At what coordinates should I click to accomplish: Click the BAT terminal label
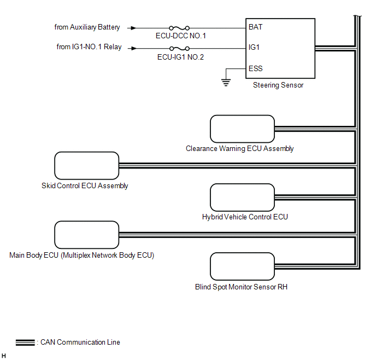pyautogui.click(x=255, y=26)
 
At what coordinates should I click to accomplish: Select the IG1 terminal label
pyautogui.click(x=254, y=48)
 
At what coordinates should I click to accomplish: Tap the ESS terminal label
pyautogui.click(x=255, y=69)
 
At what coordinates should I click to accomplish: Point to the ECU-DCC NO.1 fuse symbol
pyautogui.click(x=180, y=27)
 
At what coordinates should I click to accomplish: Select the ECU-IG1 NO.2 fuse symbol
pyautogui.click(x=180, y=48)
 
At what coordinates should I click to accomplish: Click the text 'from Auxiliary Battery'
pyautogui.click(x=87, y=27)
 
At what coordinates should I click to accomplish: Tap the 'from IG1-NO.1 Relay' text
pyautogui.click(x=89, y=48)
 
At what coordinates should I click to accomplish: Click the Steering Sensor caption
pyautogui.click(x=278, y=85)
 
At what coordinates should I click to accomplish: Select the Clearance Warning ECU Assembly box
pyautogui.click(x=242, y=129)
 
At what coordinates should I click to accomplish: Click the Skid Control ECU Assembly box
pyautogui.click(x=86, y=166)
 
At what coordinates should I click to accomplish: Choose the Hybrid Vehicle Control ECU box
pyautogui.click(x=242, y=198)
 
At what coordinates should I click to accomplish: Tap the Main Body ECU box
pyautogui.click(x=86, y=235)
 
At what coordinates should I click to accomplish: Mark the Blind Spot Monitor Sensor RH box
pyautogui.click(x=242, y=267)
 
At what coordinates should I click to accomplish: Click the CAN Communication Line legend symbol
pyautogui.click(x=25, y=343)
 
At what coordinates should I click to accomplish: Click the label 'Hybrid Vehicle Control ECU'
pyautogui.click(x=245, y=217)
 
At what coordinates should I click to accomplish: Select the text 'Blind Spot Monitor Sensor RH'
pyautogui.click(x=241, y=287)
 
